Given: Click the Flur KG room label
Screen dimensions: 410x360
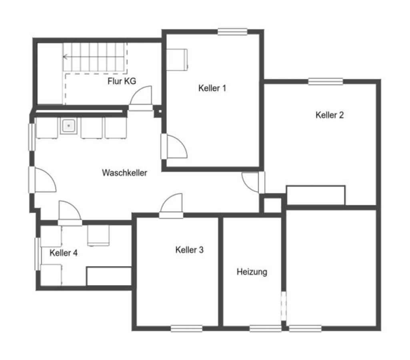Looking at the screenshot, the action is coord(122,81).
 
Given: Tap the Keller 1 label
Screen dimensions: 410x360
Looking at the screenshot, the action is coord(212,88).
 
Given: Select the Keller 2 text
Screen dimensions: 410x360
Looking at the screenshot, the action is coord(330,115).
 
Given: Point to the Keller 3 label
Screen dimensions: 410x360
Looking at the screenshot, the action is coord(189,250).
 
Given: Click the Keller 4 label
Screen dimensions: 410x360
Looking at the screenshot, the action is coord(64,253).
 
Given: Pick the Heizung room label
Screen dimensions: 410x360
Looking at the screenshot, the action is coord(252,272).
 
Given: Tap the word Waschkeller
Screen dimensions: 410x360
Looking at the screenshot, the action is coord(124,172).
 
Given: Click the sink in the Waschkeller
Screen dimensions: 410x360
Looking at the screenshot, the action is coord(69,126).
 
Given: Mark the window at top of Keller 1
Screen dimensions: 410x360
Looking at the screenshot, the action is coord(232,32).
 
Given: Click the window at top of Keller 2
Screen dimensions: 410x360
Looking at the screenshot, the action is coord(326,81).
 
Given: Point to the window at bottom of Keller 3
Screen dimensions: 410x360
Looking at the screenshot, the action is coord(186,328).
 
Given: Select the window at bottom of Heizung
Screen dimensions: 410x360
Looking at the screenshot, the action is coord(266,328).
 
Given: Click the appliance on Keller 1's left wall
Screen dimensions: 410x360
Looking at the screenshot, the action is coord(177,60).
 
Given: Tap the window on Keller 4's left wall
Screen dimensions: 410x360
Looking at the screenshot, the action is coord(38,254).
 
